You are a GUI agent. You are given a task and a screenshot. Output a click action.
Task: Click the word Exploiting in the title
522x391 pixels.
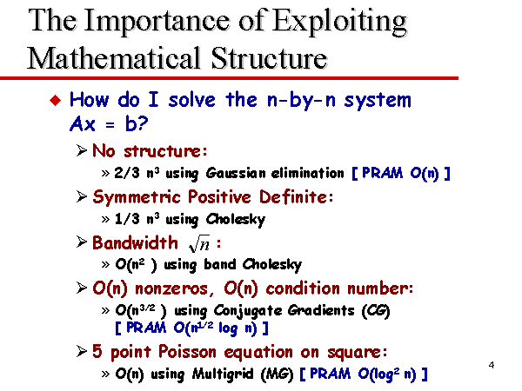point(339,22)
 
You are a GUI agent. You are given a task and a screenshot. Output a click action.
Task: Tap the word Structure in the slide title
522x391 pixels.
point(269,58)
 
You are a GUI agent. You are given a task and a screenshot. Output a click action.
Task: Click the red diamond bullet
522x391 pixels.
point(56,100)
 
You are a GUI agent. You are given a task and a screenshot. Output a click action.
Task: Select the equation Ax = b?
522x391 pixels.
point(109,124)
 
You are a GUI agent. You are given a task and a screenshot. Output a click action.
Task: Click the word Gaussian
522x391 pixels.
point(236,173)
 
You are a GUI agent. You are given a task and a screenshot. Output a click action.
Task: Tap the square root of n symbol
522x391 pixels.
point(199,244)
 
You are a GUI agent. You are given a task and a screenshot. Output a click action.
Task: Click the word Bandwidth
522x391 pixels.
point(135,242)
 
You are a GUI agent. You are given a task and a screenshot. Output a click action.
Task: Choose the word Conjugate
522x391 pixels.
point(248,311)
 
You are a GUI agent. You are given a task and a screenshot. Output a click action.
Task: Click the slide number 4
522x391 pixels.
point(492,365)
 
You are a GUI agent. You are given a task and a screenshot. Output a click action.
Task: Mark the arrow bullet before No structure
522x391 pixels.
point(82,150)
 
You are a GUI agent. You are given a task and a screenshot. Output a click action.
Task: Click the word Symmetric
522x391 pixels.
point(137,197)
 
